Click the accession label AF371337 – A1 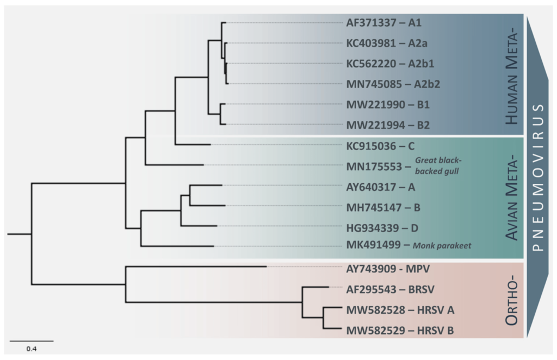pyautogui.click(x=384, y=23)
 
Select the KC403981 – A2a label pyautogui.click(x=387, y=43)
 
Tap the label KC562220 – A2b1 pyautogui.click(x=390, y=63)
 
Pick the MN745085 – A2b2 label pyautogui.click(x=390, y=84)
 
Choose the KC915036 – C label pyautogui.click(x=380, y=145)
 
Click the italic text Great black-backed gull pyautogui.click(x=438, y=165)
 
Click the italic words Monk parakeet pyautogui.click(x=442, y=246)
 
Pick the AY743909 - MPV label pyautogui.click(x=387, y=269)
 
